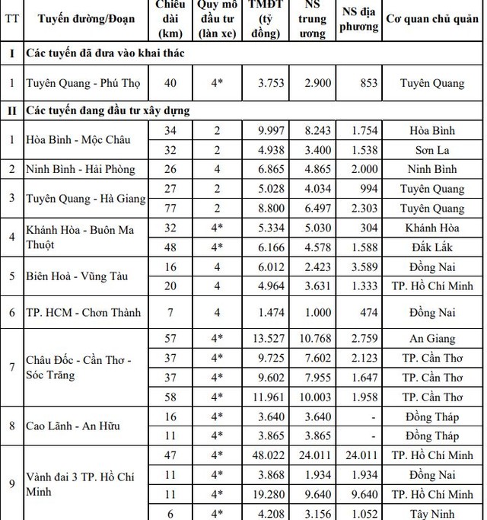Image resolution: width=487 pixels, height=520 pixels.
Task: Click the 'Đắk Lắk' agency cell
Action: pyautogui.click(x=431, y=247)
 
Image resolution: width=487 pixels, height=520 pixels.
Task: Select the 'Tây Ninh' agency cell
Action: pyautogui.click(x=431, y=514)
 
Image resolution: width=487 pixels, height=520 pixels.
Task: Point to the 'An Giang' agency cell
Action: pyautogui.click(x=431, y=339)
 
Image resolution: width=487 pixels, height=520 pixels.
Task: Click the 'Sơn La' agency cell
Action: pyautogui.click(x=431, y=149)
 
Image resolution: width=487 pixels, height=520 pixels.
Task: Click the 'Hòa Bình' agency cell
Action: pyautogui.click(x=431, y=131)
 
